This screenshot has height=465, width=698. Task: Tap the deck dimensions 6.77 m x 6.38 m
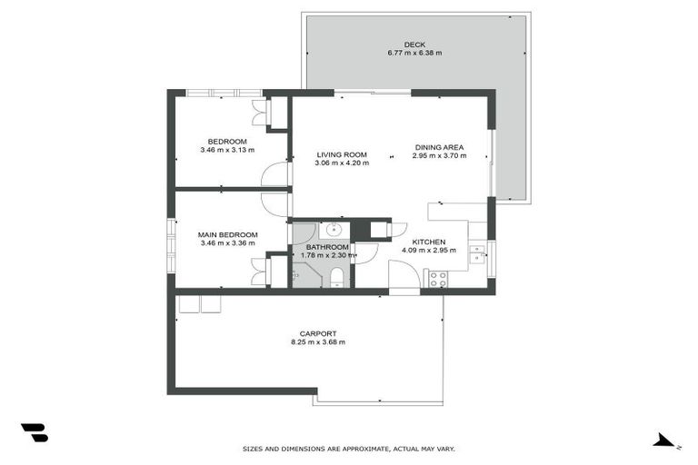[414, 53]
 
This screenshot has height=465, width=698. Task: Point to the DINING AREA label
[439, 147]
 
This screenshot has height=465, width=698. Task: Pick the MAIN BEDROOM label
[227, 234]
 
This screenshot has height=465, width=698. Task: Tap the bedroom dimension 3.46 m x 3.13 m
[227, 150]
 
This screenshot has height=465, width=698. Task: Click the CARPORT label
[317, 333]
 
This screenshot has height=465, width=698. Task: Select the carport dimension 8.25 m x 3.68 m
[317, 342]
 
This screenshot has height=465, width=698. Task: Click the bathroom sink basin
[334, 229]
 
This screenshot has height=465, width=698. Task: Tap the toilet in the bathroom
[335, 276]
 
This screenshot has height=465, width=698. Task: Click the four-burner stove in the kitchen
[436, 280]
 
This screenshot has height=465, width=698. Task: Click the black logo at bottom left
[34, 433]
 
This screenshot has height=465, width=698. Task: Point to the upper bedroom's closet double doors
[260, 112]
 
